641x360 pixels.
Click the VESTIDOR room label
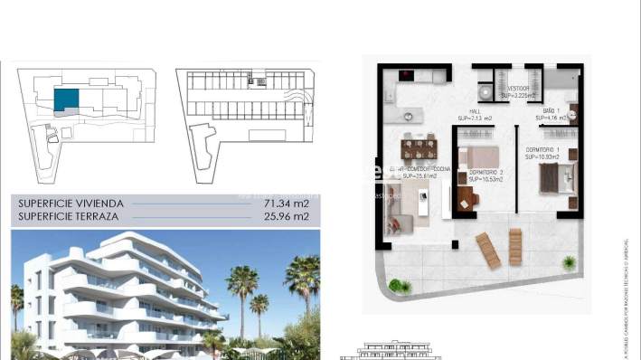click(519, 88)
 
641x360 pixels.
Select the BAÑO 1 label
click(550, 110)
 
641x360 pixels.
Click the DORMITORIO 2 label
click(485, 172)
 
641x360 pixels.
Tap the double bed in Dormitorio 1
click(552, 176)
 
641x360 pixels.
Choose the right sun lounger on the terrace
click(515, 242)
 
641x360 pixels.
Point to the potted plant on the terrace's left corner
click(399, 285)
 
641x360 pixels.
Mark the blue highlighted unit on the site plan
click(65, 99)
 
